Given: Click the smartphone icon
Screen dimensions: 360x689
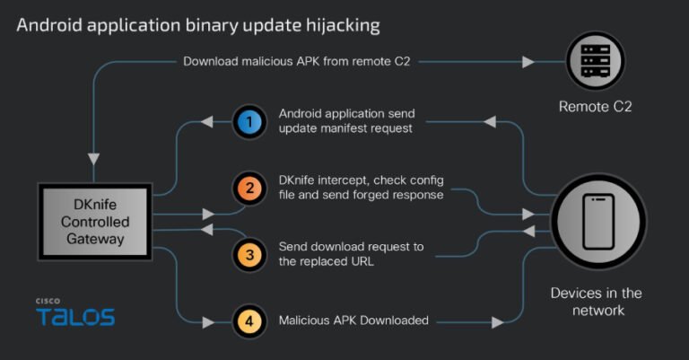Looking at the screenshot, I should (x=597, y=221).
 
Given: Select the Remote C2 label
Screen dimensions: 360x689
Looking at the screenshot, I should (x=596, y=107).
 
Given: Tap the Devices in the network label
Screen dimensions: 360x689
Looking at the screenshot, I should (x=596, y=302).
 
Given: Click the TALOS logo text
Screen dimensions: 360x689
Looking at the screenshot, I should (x=75, y=316).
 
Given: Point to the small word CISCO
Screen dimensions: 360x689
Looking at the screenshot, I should (x=48, y=300).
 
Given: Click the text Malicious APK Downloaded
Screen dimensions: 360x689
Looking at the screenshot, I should (x=353, y=320).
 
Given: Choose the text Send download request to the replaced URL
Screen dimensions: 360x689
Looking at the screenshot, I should (x=351, y=254).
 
